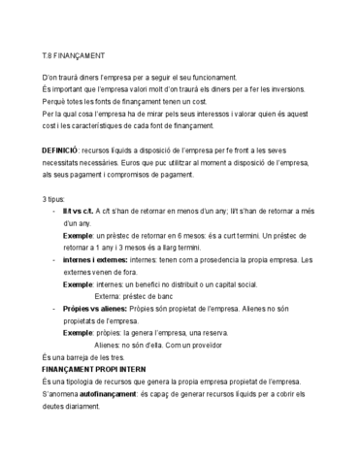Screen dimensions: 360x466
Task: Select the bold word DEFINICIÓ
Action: pyautogui.click(x=53, y=153)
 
